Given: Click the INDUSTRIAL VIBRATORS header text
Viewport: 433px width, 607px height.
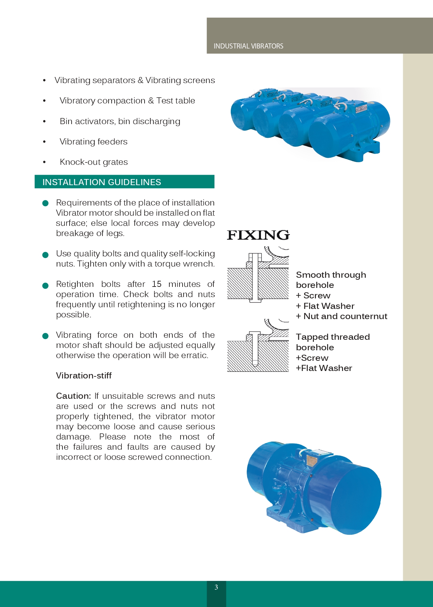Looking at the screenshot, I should [x=248, y=46].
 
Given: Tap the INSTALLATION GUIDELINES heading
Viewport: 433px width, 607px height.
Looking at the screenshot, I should [x=102, y=182].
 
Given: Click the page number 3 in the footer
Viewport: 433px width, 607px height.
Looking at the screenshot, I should [x=216, y=587].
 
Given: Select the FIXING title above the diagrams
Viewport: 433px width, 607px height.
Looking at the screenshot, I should [x=258, y=235].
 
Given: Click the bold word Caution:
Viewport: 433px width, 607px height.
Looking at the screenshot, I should [x=73, y=396].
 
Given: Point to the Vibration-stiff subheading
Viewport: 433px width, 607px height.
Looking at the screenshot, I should [x=84, y=376].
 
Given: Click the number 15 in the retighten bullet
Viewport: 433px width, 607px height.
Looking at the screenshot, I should [x=156, y=284].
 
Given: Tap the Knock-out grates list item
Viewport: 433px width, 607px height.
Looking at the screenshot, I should [x=94, y=162].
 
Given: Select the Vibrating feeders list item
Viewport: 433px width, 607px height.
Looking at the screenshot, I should [x=94, y=142].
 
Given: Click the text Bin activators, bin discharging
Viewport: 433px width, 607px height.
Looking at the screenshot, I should [x=120, y=121].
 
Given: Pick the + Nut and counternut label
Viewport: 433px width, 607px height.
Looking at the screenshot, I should [x=341, y=316].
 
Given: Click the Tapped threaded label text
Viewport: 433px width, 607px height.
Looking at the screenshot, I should [x=333, y=337].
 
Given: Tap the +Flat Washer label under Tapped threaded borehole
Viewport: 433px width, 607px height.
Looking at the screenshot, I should [x=324, y=368].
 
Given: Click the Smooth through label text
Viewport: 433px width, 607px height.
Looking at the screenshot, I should [x=331, y=275].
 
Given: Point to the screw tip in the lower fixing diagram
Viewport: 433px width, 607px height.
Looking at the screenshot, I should [x=255, y=364].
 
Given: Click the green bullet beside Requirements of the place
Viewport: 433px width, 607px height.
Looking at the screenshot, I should [x=45, y=203].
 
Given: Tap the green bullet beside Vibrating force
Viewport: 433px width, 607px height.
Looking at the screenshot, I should [x=45, y=336].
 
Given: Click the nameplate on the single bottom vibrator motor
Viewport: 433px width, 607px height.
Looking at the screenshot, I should [x=311, y=460].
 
